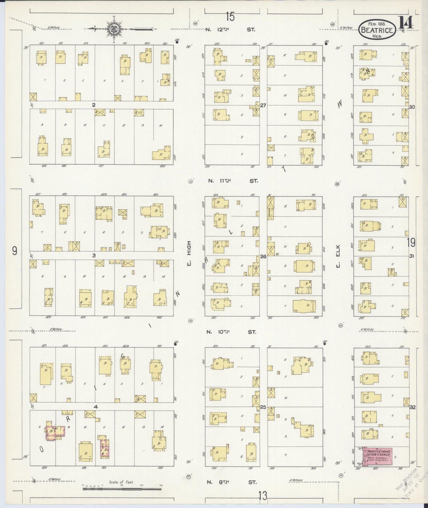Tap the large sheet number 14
point(406,23)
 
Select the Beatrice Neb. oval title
point(377,30)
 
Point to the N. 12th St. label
point(230,30)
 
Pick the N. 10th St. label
point(231,332)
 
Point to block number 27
point(263,105)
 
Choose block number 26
point(263,256)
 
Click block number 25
point(263,407)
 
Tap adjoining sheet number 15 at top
point(230,17)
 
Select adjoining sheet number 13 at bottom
point(262,495)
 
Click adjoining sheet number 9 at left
point(15,251)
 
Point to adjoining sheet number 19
point(411,243)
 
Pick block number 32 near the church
point(412,407)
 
